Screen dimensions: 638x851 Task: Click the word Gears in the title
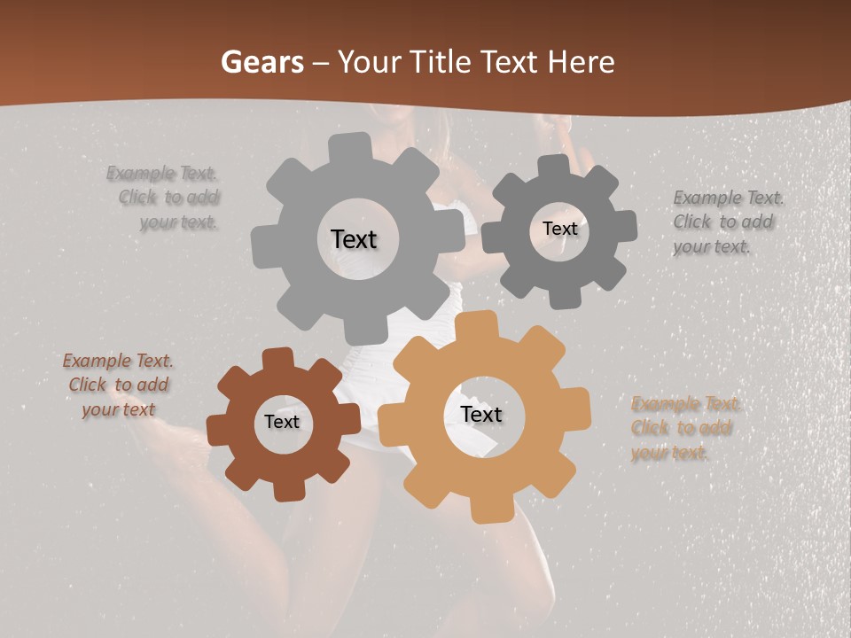coord(262,63)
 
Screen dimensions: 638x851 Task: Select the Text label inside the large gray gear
coord(354,239)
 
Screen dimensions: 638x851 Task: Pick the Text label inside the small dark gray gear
coord(559,229)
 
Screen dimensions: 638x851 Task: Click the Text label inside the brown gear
coord(282,422)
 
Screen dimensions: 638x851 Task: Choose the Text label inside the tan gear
coord(481,414)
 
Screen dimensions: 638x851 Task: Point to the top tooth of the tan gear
coord(484,324)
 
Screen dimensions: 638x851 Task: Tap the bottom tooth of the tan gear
coord(484,510)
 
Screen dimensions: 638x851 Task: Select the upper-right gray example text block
coord(724,222)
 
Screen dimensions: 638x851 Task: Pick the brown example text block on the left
coord(118,385)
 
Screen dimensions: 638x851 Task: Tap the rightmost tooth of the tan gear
coord(578,414)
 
